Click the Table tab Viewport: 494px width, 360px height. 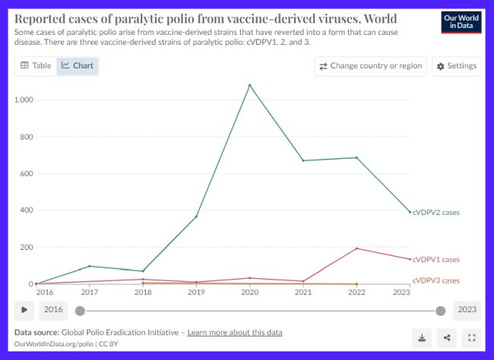pyautogui.click(x=36, y=66)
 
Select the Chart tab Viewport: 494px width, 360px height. pyautogui.click(x=78, y=66)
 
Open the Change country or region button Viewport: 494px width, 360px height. pyautogui.click(x=370, y=66)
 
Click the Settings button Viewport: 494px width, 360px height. pyautogui.click(x=455, y=66)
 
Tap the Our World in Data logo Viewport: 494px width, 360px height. pyautogui.click(x=461, y=22)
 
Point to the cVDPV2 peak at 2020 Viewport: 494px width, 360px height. pyautogui.click(x=249, y=84)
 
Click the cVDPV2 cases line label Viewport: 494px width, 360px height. pyautogui.click(x=435, y=213)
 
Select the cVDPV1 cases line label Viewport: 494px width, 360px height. pyautogui.click(x=435, y=260)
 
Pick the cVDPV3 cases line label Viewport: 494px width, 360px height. pyautogui.click(x=435, y=281)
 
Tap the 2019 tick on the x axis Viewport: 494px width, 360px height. pyautogui.click(x=196, y=292)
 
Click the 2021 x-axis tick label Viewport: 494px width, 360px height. pyautogui.click(x=302, y=292)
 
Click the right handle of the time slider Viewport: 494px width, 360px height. pyautogui.click(x=440, y=310)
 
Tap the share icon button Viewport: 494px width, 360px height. pyautogui.click(x=446, y=338)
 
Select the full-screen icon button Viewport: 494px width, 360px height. pyautogui.click(x=471, y=338)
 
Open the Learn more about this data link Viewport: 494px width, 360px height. pyautogui.click(x=235, y=333)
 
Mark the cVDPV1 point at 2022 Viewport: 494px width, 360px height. pyautogui.click(x=356, y=248)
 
